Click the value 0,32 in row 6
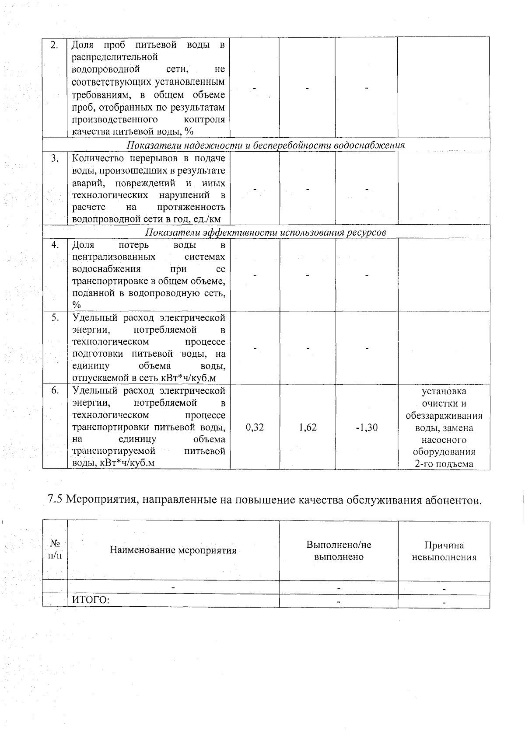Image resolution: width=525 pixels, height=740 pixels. pos(255,427)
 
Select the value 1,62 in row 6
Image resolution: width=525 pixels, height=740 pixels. pos(308,427)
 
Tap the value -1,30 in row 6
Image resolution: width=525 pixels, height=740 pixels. pos(367,427)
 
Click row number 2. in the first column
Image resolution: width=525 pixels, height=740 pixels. pos(55,45)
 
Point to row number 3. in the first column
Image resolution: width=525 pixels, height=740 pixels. pos(55,159)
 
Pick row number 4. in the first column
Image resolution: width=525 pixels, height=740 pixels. pos(55,245)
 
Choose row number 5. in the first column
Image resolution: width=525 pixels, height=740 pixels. pos(55,318)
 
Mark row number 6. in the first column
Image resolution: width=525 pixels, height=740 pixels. pos(55,391)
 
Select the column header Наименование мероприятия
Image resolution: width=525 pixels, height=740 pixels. pos(173,550)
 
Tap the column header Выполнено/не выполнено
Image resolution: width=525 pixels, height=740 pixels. pos(339,551)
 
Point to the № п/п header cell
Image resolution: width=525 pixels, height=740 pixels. pos(55,549)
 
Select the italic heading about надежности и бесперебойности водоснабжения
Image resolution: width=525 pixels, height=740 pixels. pos(266,145)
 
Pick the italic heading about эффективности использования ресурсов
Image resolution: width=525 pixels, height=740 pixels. pos(266,232)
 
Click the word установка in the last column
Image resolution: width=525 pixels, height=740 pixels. pos(444,391)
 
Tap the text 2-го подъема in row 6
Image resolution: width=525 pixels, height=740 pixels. pos(444,464)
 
